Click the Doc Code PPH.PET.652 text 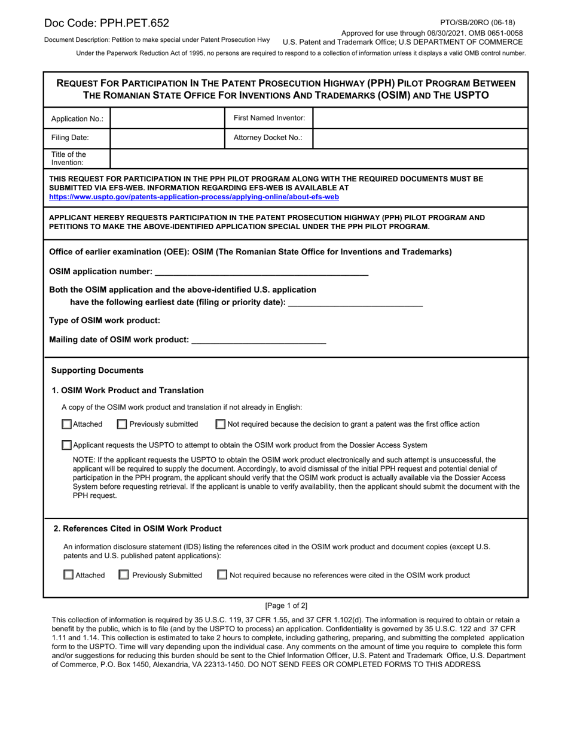click(106, 23)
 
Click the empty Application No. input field click(167, 118)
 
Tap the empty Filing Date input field click(167, 138)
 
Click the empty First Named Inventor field click(420, 118)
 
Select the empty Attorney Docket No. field click(420, 138)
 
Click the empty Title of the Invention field click(319, 159)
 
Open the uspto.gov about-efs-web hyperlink click(194, 196)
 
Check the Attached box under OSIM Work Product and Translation click(67, 424)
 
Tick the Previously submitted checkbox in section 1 click(122, 424)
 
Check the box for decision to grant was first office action click(221, 424)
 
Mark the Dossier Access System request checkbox click(67, 445)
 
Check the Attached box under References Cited click(69, 575)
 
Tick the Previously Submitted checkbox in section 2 click(124, 575)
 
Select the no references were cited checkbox click(222, 575)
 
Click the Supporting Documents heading click(97, 370)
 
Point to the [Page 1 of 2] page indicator click(286, 606)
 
